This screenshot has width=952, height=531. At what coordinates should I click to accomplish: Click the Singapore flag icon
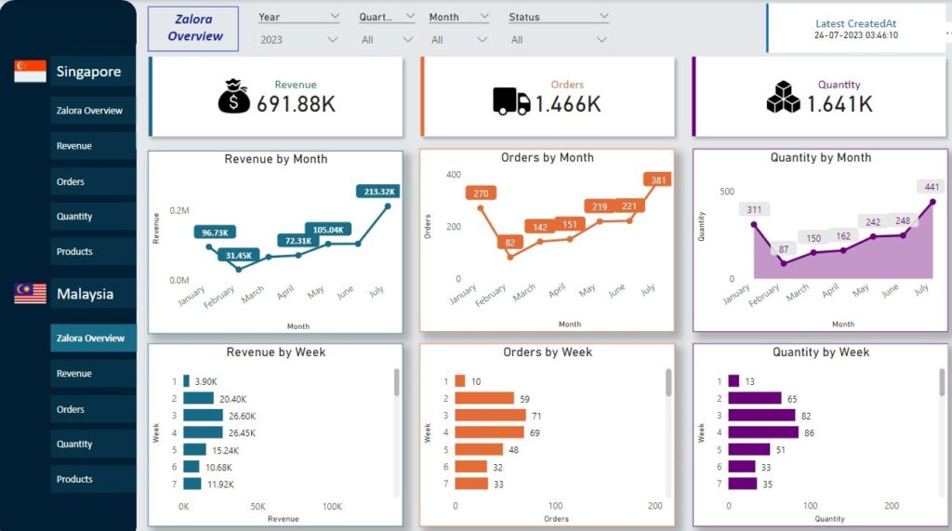(30, 72)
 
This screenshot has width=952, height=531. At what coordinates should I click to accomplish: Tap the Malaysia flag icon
(30, 294)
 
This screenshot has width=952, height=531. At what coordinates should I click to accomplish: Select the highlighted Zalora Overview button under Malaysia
(90, 339)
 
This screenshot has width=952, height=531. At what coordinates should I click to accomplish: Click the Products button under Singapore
(90, 251)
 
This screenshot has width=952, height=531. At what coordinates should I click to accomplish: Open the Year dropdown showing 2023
(299, 40)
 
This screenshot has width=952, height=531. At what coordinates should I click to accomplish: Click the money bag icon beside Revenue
(234, 96)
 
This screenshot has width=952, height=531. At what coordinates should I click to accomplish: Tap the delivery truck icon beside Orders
(510, 101)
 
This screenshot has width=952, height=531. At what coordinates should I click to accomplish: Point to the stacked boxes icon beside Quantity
(783, 97)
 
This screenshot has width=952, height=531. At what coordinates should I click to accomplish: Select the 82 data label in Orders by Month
(510, 244)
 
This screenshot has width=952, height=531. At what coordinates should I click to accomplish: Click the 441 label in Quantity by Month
(931, 187)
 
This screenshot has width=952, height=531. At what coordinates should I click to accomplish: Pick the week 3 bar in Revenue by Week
(203, 416)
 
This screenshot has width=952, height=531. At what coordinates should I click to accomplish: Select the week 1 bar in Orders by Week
(459, 381)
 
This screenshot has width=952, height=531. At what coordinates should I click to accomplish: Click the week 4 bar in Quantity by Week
(762, 432)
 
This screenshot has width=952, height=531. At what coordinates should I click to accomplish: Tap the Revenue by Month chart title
(276, 159)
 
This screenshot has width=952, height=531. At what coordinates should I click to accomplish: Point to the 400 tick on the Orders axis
(453, 175)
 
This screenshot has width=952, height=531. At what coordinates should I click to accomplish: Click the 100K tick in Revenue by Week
(331, 507)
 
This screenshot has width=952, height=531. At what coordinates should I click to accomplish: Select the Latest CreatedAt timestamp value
(855, 35)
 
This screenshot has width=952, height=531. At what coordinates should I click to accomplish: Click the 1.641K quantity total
(840, 104)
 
